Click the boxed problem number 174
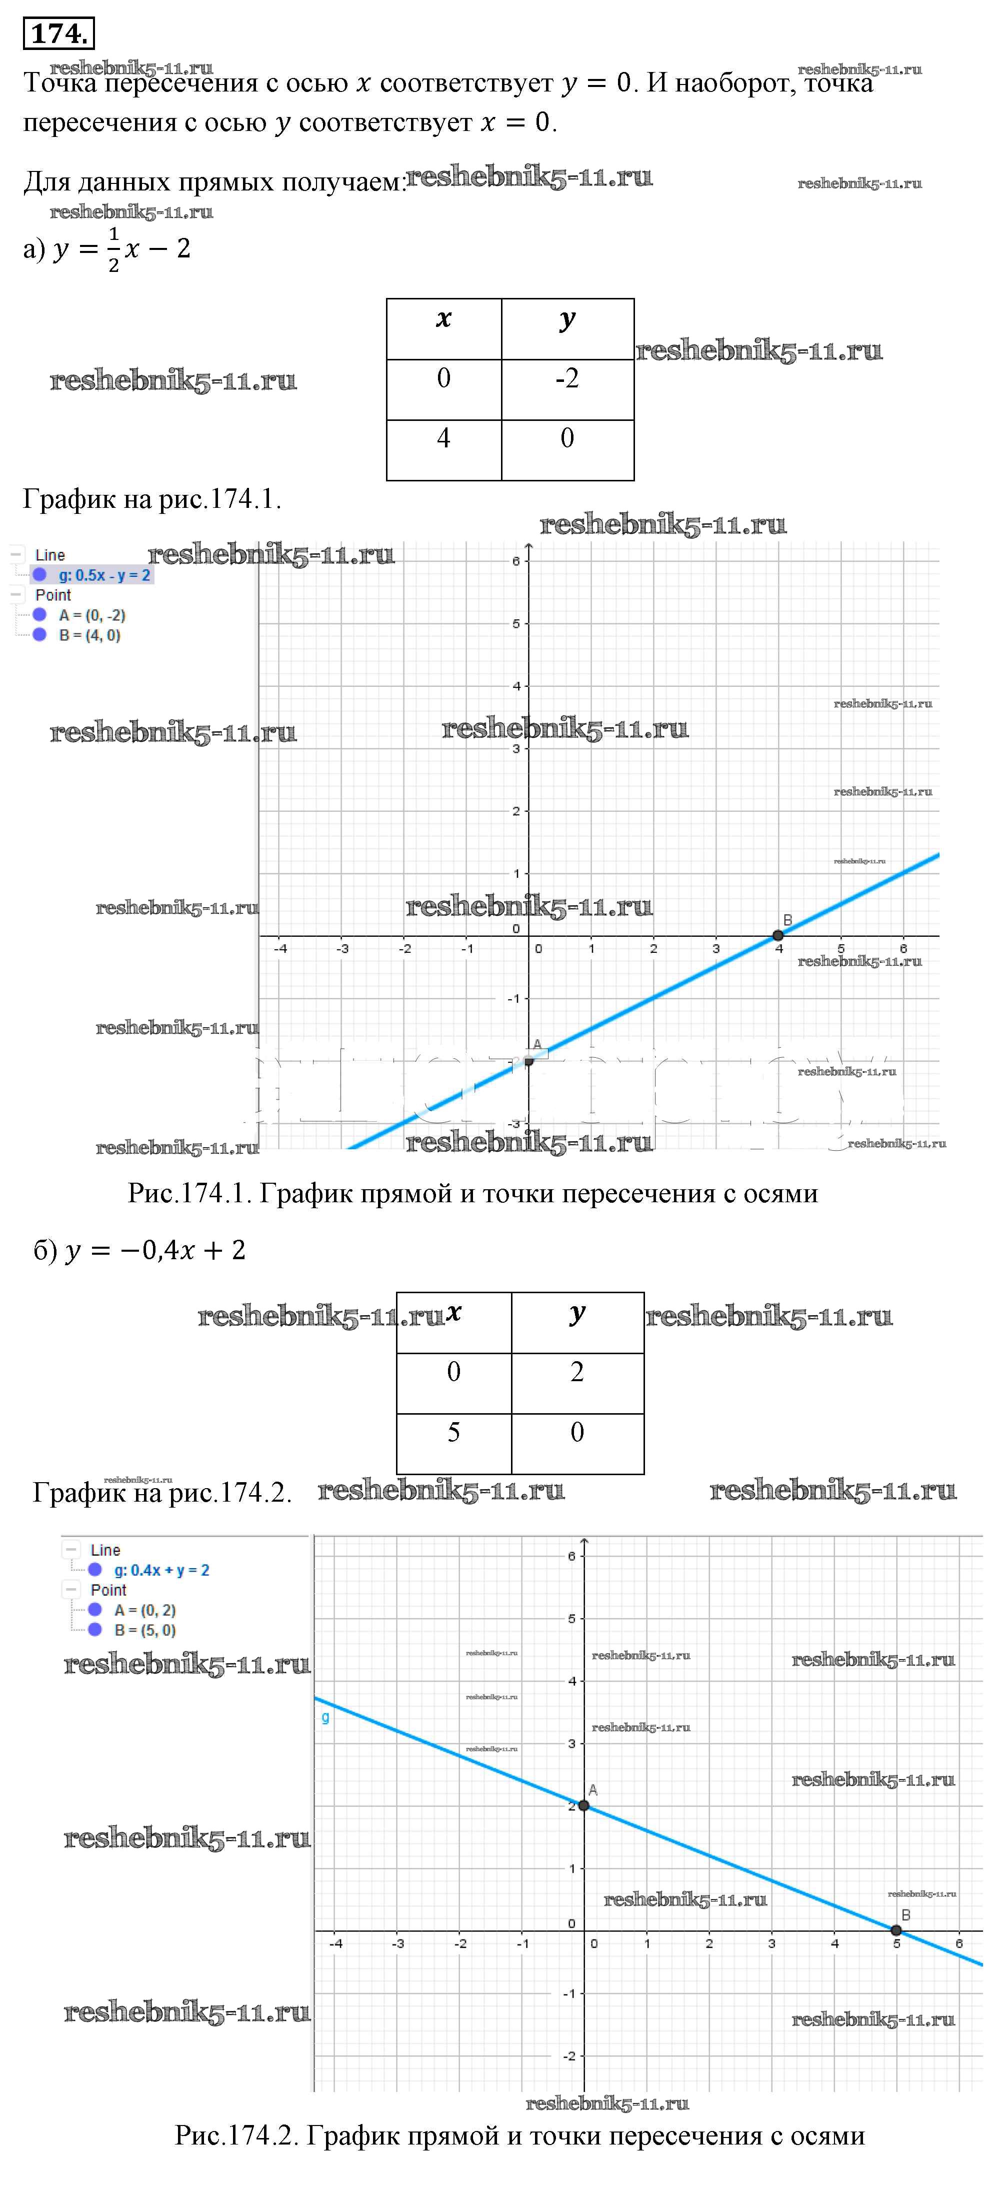[x=57, y=34]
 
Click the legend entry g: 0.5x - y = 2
[x=103, y=575]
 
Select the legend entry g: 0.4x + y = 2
[x=161, y=1570]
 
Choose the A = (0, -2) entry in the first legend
[x=91, y=615]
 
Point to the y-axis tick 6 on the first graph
[x=515, y=561]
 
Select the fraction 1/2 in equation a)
[x=114, y=249]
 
